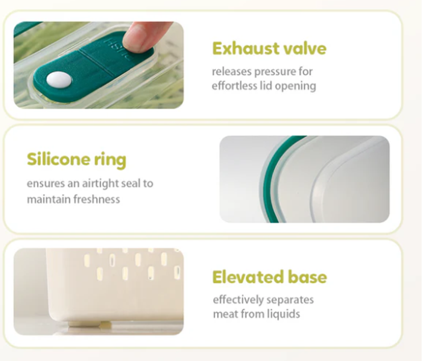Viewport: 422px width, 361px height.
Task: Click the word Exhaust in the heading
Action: [x=242, y=48]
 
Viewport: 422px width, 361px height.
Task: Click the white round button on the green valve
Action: [x=59, y=80]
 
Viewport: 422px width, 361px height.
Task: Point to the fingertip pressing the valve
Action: [x=140, y=35]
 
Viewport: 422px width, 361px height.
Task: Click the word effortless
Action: [x=234, y=86]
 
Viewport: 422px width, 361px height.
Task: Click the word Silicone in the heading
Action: [x=58, y=159]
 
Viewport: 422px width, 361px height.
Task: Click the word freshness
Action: [x=97, y=199]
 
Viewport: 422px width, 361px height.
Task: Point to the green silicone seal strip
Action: [x=272, y=178]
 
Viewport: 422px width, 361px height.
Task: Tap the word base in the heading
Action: [x=308, y=277]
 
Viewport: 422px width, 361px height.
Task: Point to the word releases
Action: [x=232, y=72]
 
